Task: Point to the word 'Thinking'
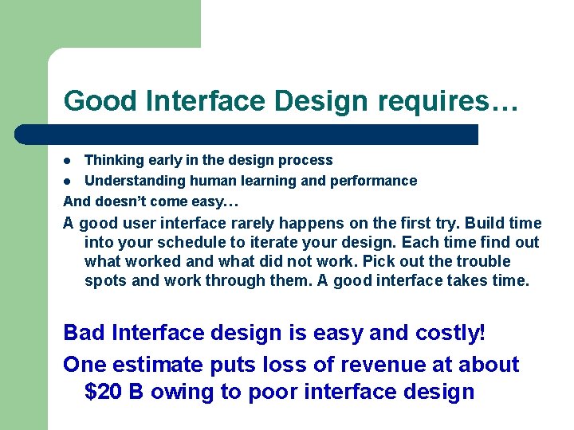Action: (112, 160)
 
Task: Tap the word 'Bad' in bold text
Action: (84, 332)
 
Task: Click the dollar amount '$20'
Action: (104, 392)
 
